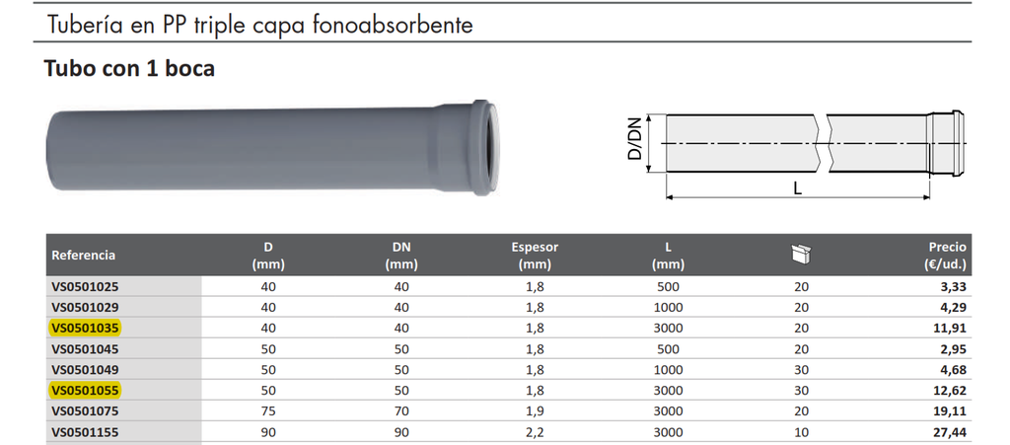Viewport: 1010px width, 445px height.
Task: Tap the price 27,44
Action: click(952, 431)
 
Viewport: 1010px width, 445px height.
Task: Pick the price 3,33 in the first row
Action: click(954, 286)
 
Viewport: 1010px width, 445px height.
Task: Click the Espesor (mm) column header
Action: click(534, 256)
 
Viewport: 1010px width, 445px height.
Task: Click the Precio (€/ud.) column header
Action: click(947, 256)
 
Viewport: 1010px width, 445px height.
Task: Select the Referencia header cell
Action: click(84, 256)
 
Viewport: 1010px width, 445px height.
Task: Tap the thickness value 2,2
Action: click(534, 431)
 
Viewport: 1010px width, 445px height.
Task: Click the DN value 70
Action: click(400, 410)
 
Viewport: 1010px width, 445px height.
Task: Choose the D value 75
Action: click(267, 410)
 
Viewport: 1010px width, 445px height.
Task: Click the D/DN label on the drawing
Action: click(635, 140)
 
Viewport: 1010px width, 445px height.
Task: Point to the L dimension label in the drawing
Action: click(797, 187)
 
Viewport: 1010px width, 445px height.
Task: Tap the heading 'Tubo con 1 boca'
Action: click(129, 69)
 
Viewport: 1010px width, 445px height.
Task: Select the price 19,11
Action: click(952, 410)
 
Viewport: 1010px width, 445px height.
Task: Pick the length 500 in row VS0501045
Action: click(668, 348)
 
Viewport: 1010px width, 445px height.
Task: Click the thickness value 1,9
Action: click(534, 410)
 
